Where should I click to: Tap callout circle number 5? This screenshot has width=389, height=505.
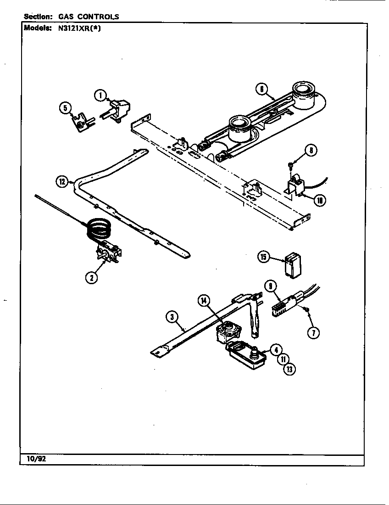66,108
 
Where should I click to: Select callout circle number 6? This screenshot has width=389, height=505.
261,90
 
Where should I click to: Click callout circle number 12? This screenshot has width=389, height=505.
62,181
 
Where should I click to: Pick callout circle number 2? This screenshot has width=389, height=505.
93,278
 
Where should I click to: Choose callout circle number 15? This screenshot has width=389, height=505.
263,257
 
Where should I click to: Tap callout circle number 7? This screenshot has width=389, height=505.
313,333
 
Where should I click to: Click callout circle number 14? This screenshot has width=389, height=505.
205,301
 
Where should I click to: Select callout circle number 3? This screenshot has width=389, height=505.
171,316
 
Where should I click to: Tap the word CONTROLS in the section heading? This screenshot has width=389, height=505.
100,17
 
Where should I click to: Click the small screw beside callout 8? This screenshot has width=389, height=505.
291,163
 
